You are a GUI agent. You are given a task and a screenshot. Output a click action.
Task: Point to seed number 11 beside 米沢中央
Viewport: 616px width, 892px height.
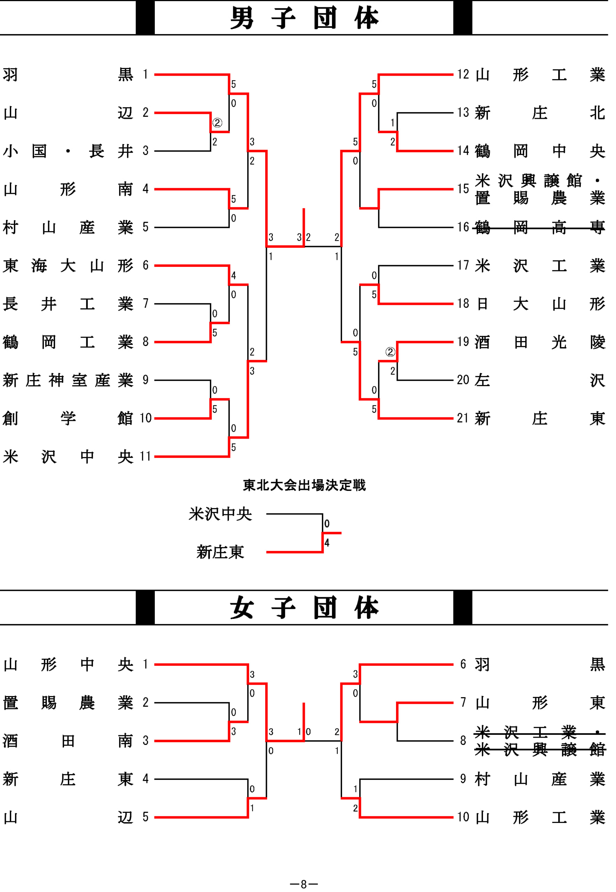(x=145, y=456)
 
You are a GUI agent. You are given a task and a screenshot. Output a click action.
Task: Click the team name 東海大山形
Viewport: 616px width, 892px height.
(x=68, y=266)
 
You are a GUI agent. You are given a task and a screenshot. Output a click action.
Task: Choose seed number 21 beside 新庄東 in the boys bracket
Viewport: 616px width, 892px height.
(x=463, y=418)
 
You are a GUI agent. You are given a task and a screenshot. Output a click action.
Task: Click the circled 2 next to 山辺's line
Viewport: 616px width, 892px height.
(x=217, y=123)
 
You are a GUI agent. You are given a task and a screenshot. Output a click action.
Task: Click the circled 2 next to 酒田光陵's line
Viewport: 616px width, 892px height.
(x=390, y=352)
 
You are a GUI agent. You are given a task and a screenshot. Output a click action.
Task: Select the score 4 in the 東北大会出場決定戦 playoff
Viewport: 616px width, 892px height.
(x=327, y=543)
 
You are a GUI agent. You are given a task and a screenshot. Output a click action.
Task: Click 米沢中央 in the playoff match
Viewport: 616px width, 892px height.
(x=220, y=514)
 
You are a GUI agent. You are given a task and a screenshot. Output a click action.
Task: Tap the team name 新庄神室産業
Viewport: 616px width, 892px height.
(x=68, y=380)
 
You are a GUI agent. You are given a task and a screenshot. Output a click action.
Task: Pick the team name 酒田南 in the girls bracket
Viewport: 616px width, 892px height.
(x=68, y=740)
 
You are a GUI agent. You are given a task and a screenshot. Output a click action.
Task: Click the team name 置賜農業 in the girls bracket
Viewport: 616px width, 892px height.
(x=68, y=702)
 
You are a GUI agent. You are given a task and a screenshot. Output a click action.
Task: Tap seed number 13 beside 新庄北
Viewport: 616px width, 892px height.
(x=463, y=113)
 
